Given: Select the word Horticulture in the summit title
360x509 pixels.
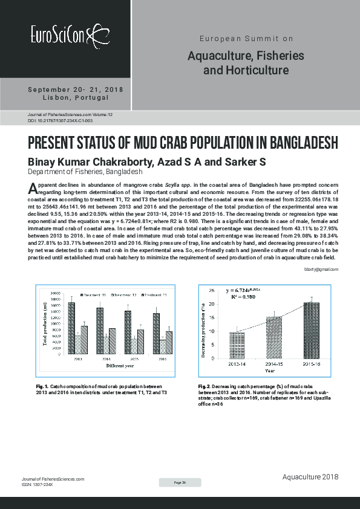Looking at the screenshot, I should coord(254,71).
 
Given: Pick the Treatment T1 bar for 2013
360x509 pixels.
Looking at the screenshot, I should coord(71,328).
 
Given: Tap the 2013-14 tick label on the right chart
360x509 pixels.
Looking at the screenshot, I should coord(237,364).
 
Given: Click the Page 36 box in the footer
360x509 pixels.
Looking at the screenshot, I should coord(180,482).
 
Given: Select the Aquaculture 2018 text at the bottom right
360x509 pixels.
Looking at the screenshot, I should coord(310,478).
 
